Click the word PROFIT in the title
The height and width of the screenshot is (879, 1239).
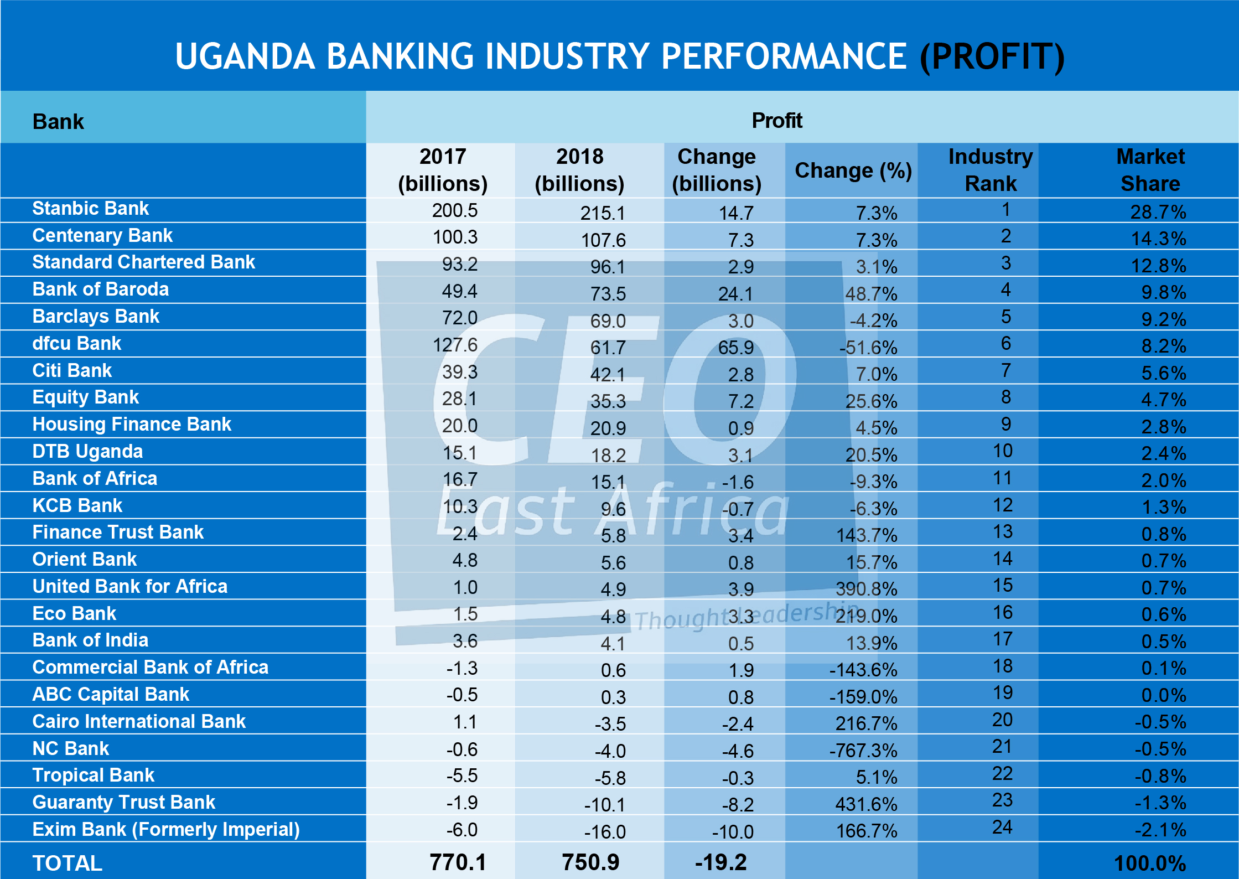click(992, 56)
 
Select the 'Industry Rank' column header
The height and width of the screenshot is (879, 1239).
click(991, 170)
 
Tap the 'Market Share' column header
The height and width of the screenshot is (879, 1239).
click(1150, 170)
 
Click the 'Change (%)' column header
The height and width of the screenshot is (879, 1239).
click(853, 170)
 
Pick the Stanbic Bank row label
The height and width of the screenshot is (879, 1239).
click(90, 209)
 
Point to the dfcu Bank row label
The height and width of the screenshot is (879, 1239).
click(76, 344)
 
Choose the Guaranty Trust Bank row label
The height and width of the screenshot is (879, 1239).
click(123, 802)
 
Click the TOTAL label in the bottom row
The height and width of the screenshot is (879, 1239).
click(67, 864)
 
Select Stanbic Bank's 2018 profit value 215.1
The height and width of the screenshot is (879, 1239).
click(603, 213)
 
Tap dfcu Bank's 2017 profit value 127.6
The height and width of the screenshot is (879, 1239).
click(455, 345)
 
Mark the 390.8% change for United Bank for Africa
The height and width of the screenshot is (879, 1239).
click(866, 589)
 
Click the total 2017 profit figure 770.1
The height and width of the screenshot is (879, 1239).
click(458, 862)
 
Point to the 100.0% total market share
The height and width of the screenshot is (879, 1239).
click(1150, 864)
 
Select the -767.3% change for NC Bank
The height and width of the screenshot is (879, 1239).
click(863, 751)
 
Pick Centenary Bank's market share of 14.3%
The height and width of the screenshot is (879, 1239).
click(1158, 239)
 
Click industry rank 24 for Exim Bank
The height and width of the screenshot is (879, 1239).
click(1002, 827)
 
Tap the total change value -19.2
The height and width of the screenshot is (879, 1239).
click(720, 862)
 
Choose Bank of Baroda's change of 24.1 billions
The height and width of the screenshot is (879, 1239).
click(735, 294)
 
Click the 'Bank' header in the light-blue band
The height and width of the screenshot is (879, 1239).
click(58, 122)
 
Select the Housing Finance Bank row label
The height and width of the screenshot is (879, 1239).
click(132, 425)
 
